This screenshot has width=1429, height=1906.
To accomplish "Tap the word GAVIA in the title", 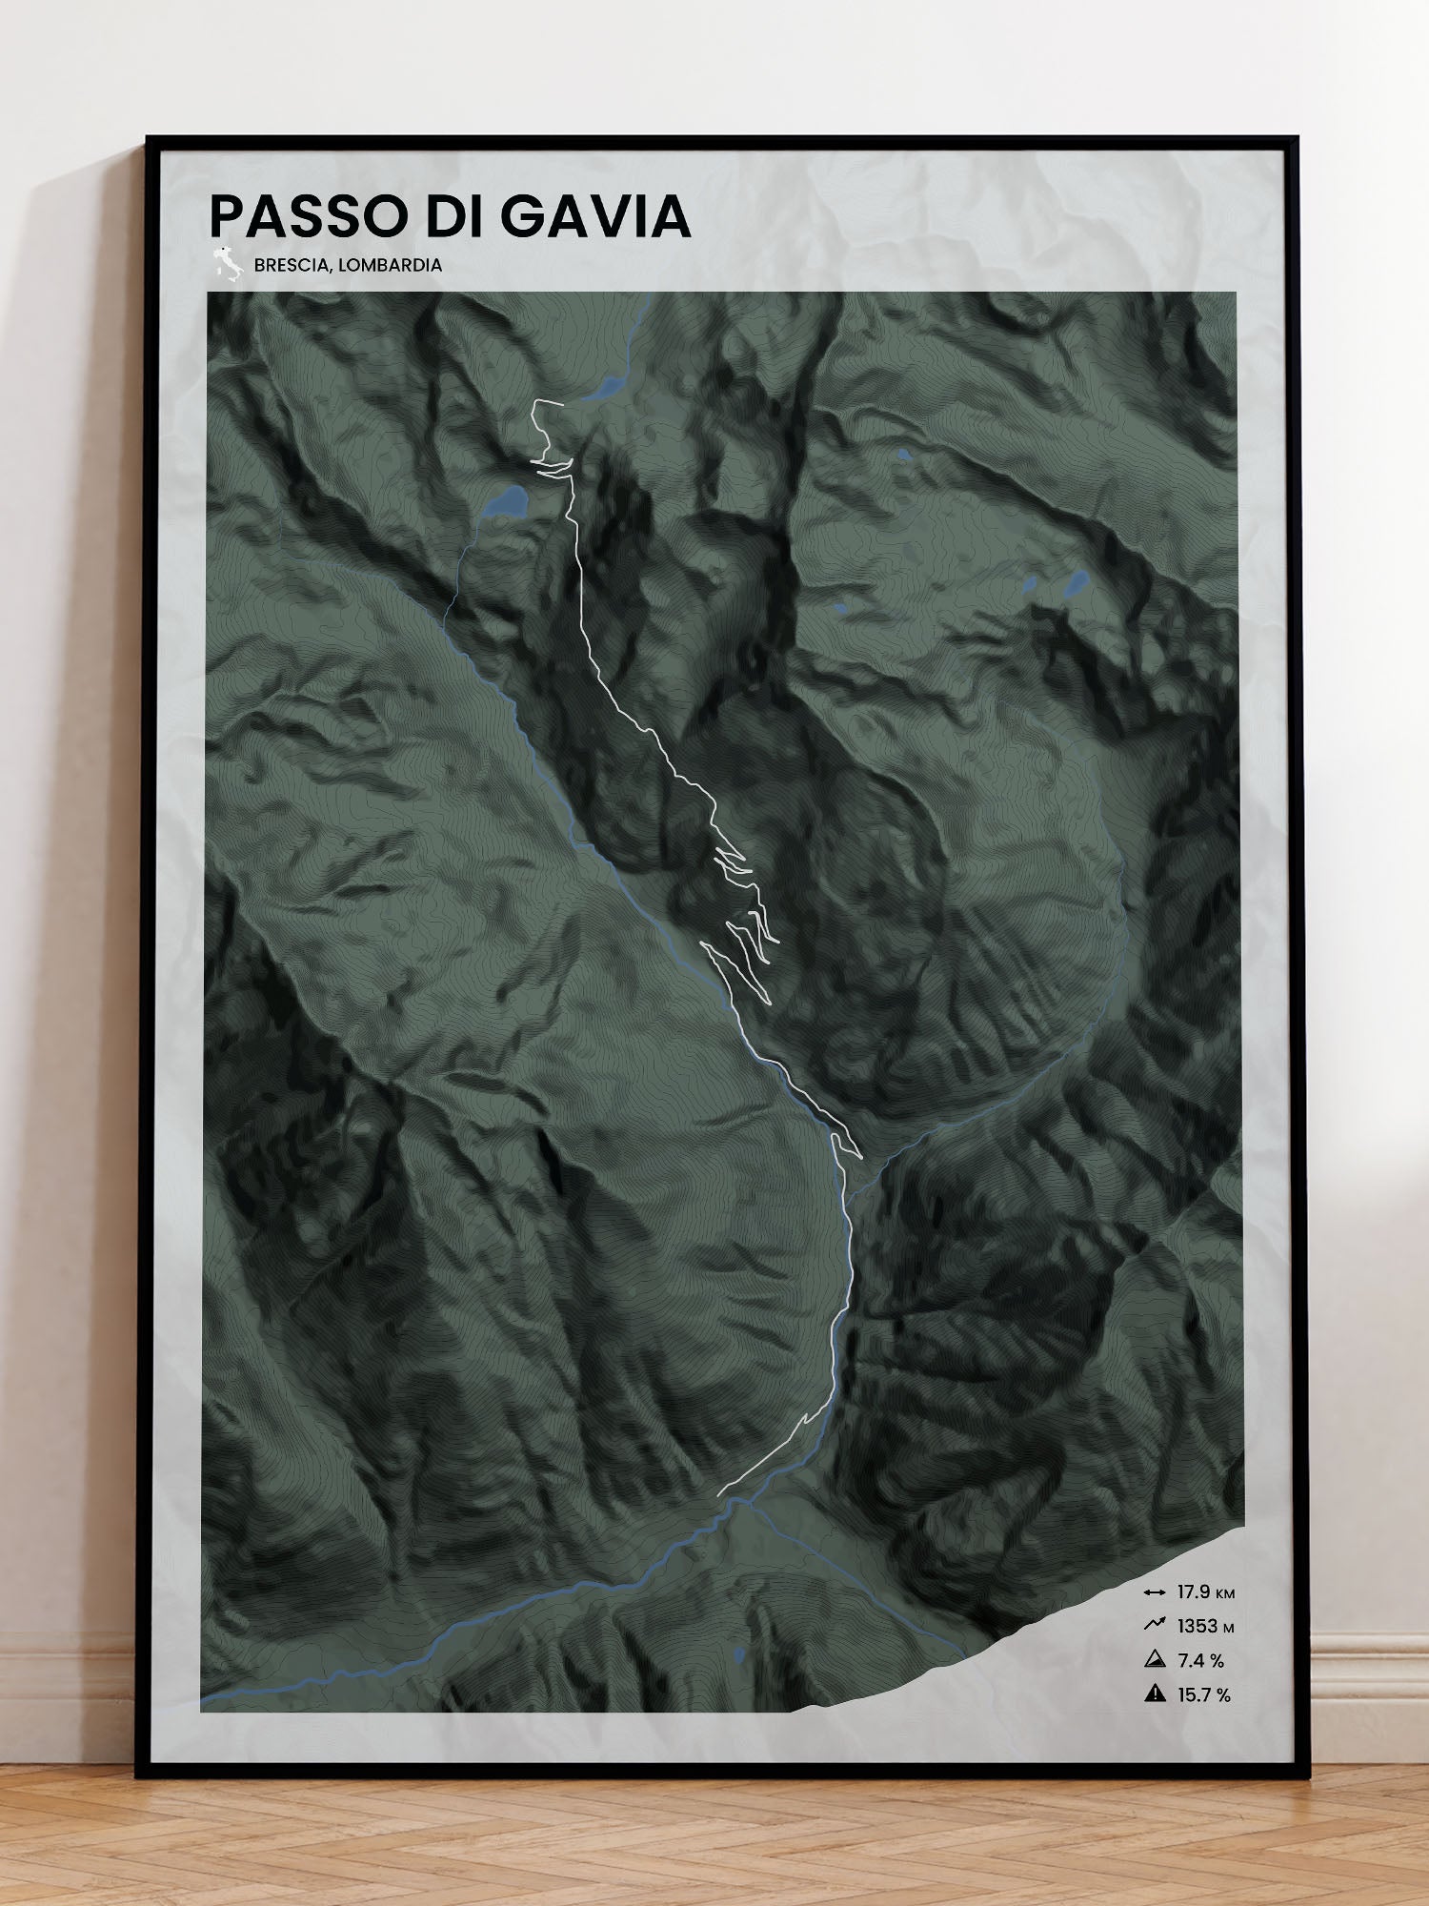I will (594, 216).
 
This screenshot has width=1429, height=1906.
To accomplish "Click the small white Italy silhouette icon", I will (227, 264).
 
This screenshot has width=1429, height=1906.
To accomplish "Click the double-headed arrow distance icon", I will (1155, 1592).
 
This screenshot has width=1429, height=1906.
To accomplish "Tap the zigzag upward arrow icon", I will (1155, 1625).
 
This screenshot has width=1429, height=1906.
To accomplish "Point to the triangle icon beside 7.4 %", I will (1155, 1659).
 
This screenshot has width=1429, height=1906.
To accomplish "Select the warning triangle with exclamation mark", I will (1155, 1693).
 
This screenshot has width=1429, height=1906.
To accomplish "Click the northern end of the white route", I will (562, 404).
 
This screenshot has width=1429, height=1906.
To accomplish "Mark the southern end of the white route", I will (719, 1493).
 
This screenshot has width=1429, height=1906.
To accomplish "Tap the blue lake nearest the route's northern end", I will (604, 388).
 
